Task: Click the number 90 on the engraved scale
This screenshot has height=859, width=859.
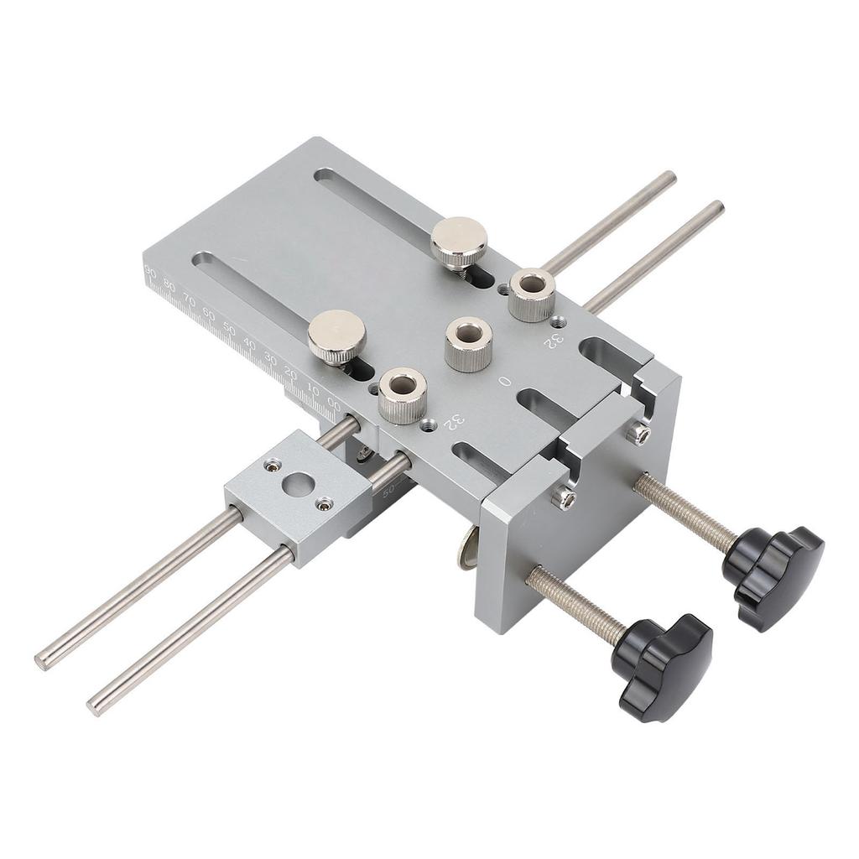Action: [151, 271]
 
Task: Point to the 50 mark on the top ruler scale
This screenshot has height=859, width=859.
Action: [229, 328]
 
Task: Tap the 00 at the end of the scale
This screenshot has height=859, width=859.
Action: [334, 403]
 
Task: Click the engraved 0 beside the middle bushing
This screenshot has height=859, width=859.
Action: [504, 381]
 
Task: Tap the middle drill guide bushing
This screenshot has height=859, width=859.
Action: [468, 343]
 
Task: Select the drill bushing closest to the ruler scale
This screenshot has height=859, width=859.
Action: [403, 395]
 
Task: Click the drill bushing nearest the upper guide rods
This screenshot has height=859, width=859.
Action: [532, 294]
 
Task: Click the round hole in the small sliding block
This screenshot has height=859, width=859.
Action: [299, 484]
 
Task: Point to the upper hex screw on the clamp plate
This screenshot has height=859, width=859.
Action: [638, 433]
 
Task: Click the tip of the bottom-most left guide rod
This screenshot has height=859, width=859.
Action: [95, 705]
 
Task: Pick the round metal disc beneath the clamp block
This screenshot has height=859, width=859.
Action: [466, 551]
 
